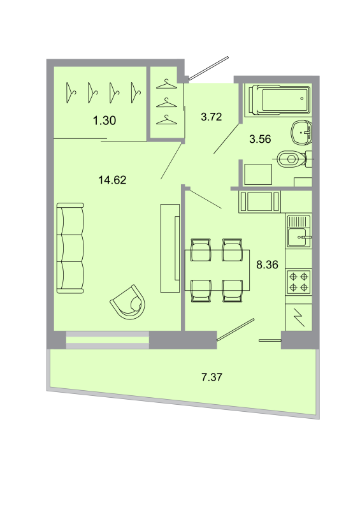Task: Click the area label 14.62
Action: click(x=113, y=180)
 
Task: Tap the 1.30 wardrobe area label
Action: click(x=104, y=120)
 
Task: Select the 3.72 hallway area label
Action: click(x=211, y=117)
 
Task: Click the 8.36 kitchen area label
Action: click(x=267, y=265)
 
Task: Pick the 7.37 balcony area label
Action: click(x=212, y=377)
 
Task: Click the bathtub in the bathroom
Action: click(x=278, y=99)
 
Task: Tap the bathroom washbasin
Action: click(x=300, y=133)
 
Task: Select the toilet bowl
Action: click(x=293, y=157)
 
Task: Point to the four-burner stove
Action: click(x=299, y=282)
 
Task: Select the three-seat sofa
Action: click(x=70, y=249)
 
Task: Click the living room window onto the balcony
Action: click(x=107, y=340)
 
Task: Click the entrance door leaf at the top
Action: click(x=208, y=68)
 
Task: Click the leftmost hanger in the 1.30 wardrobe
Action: click(x=71, y=92)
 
